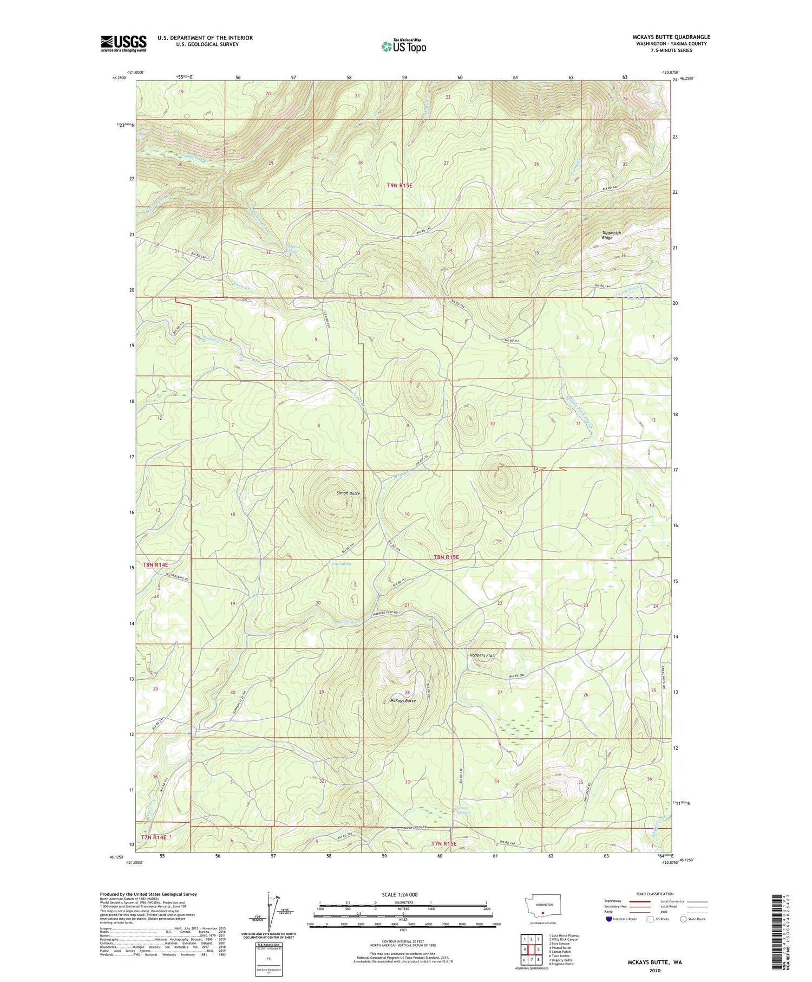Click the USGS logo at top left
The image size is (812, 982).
(x=123, y=43)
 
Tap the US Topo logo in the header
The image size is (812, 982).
(x=403, y=46)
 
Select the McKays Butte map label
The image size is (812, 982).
(x=402, y=700)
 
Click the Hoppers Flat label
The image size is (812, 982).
(x=482, y=655)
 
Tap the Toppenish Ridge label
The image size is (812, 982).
(x=611, y=235)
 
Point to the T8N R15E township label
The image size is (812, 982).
(x=446, y=557)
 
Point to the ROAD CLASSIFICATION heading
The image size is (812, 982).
(x=655, y=894)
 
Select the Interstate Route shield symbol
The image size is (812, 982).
(x=609, y=919)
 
